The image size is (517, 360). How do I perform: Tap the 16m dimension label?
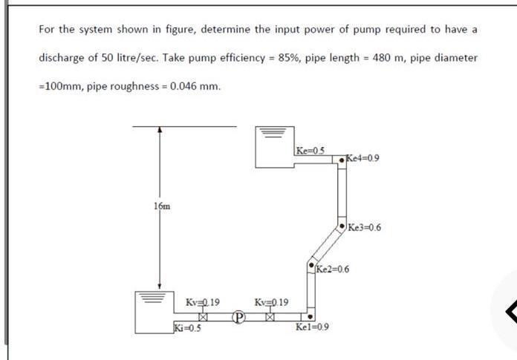click(x=162, y=206)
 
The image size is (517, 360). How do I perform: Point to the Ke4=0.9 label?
click(x=363, y=158)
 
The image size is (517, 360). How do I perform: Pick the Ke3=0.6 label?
click(x=364, y=227)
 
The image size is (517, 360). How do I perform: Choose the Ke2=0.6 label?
click(x=332, y=269)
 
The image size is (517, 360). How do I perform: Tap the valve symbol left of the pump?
click(x=201, y=316)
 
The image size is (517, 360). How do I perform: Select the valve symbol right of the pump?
click(x=270, y=316)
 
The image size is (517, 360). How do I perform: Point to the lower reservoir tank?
click(x=152, y=312)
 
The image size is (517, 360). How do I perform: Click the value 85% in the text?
click(x=289, y=58)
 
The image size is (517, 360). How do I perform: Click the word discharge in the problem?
click(x=64, y=58)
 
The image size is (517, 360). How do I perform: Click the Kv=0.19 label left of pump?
click(x=202, y=302)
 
